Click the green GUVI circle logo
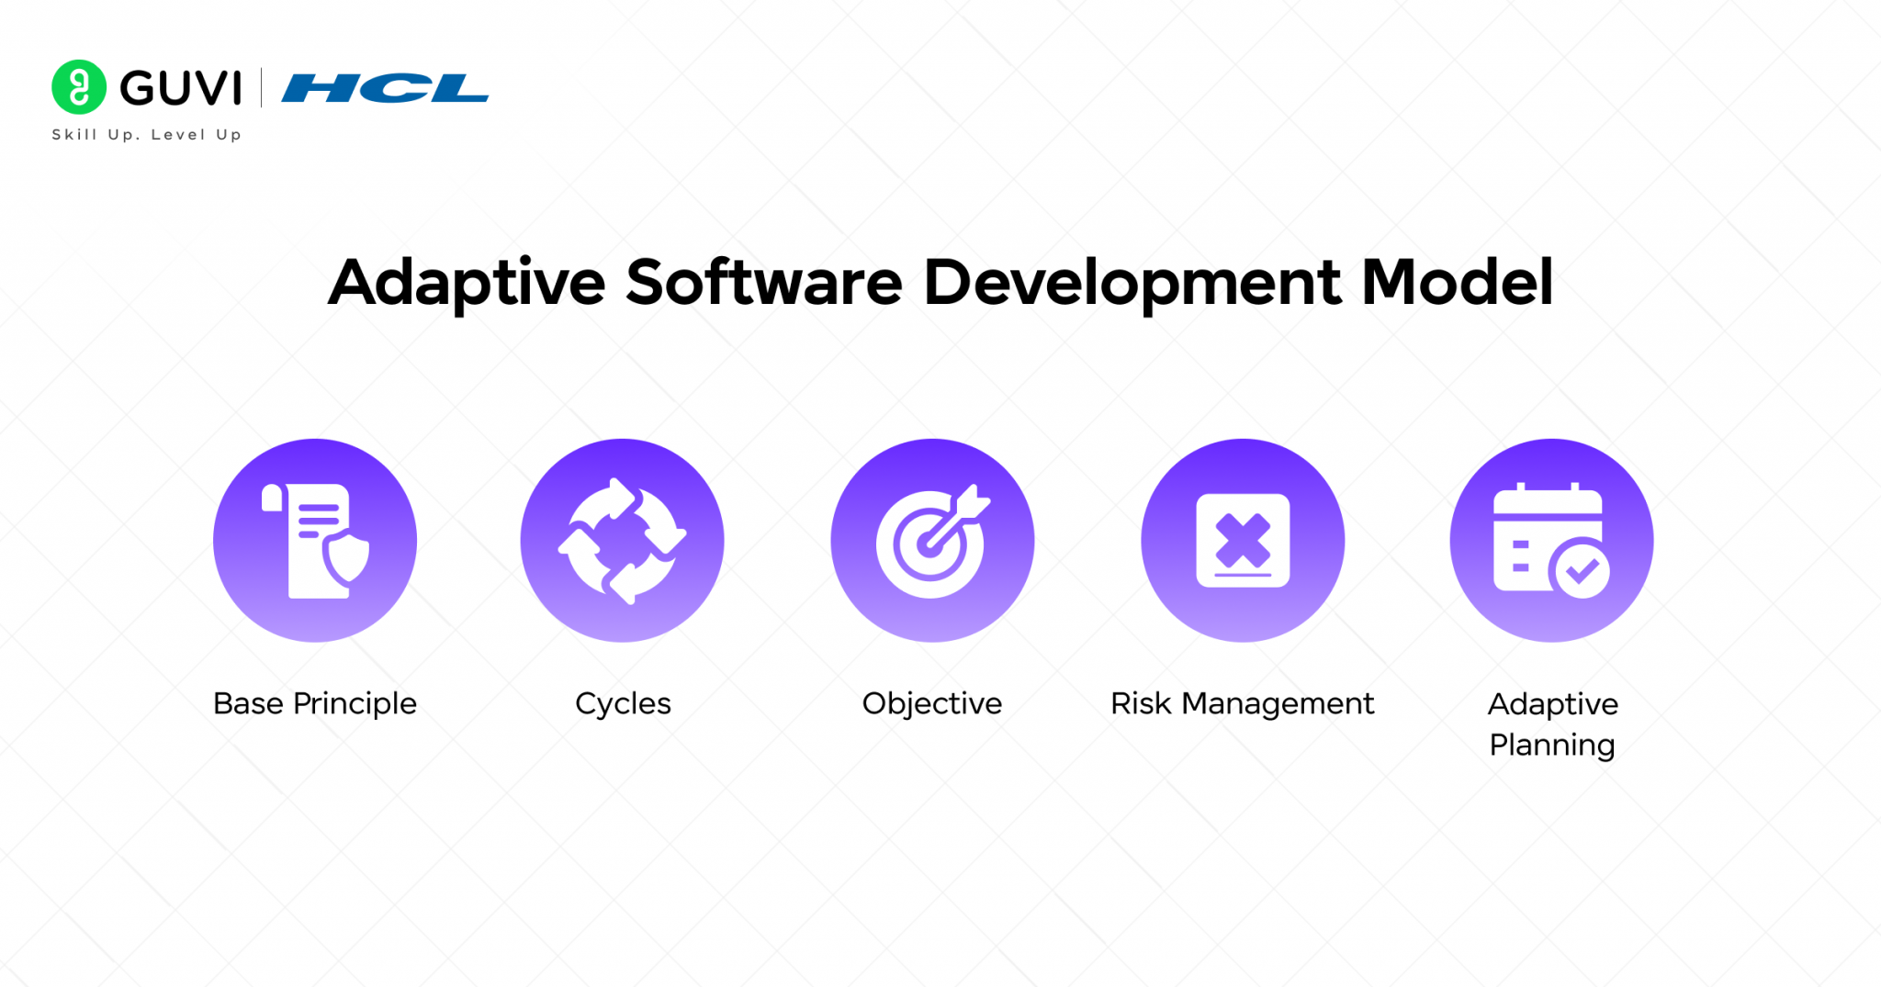click(x=79, y=87)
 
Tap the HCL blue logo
click(x=385, y=88)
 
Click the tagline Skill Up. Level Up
click(x=147, y=135)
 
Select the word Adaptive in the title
click(x=467, y=283)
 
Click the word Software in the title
click(x=764, y=283)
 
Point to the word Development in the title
click(x=1132, y=283)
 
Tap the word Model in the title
click(x=1457, y=283)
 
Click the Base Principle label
click(x=315, y=703)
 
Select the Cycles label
click(x=623, y=703)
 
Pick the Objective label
click(x=932, y=703)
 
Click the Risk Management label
click(x=1242, y=703)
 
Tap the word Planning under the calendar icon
click(x=1551, y=745)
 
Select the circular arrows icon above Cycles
click(x=623, y=541)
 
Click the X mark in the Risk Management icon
click(x=1243, y=540)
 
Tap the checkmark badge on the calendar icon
click(x=1581, y=571)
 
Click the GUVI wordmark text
click(x=181, y=88)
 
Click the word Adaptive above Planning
click(x=1552, y=704)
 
